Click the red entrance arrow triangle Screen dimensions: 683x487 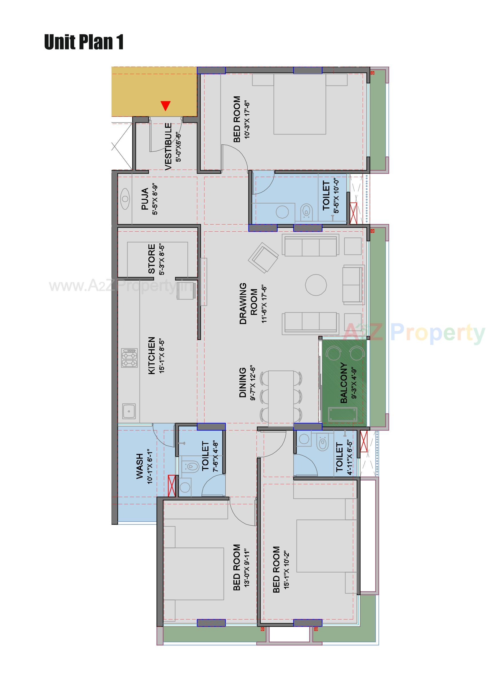(166, 106)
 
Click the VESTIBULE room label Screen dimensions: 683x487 (168, 146)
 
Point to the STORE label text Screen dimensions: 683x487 (152, 259)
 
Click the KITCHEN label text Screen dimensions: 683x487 (152, 356)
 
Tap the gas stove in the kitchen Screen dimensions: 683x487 (129, 358)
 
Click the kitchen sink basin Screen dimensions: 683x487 (129, 411)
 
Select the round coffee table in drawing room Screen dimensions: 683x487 (316, 285)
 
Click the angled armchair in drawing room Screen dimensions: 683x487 (263, 258)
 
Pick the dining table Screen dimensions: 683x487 (281, 396)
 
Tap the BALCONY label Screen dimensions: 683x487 (344, 383)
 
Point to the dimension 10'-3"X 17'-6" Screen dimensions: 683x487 (247, 120)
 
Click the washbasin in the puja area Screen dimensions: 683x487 (125, 198)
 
